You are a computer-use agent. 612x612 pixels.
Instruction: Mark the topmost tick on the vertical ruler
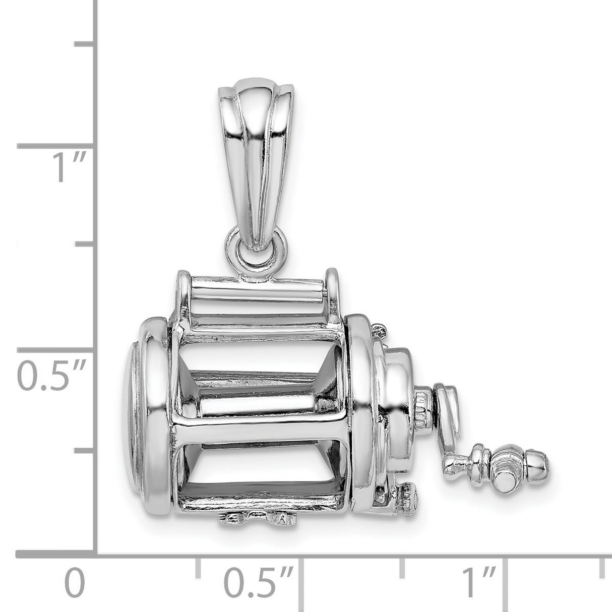[x=86, y=45]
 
